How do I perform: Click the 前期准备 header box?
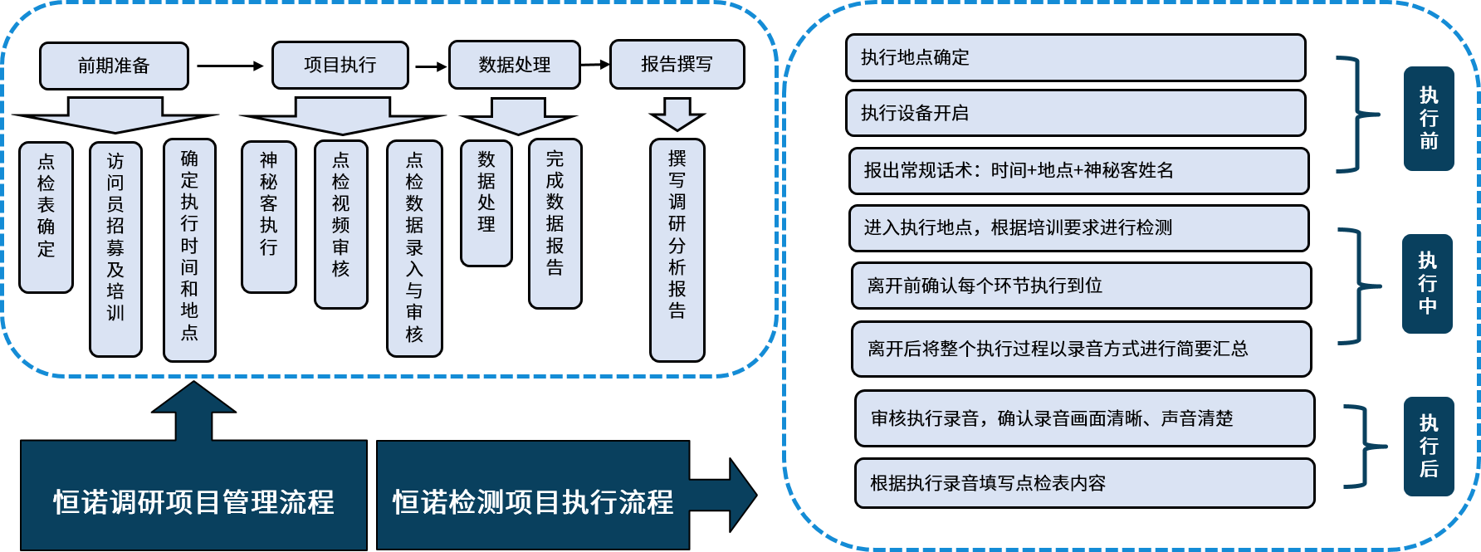pyautogui.click(x=114, y=66)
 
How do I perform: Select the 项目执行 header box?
pyautogui.click(x=340, y=65)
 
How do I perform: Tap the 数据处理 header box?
pyautogui.click(x=514, y=65)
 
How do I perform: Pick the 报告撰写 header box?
pyautogui.click(x=677, y=64)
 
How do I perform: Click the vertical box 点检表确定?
pyautogui.click(x=46, y=217)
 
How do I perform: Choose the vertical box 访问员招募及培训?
pyautogui.click(x=115, y=249)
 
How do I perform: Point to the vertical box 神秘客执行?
pyautogui.click(x=268, y=217)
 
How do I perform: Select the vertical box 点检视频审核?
pyautogui.click(x=340, y=224)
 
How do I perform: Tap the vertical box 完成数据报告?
pyautogui.click(x=555, y=223)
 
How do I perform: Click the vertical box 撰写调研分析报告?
pyautogui.click(x=677, y=249)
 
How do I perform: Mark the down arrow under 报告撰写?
pyautogui.click(x=677, y=114)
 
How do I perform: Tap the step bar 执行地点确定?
pyautogui.click(x=1075, y=57)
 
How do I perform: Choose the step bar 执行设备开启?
pyautogui.click(x=1075, y=113)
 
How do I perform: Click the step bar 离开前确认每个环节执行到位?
pyautogui.click(x=1081, y=286)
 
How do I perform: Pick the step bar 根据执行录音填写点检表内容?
pyautogui.click(x=1084, y=483)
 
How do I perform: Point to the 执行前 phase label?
pyautogui.click(x=1428, y=119)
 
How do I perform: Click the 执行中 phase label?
pyautogui.click(x=1427, y=284)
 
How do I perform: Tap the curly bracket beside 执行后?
pyautogui.click(x=1361, y=447)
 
